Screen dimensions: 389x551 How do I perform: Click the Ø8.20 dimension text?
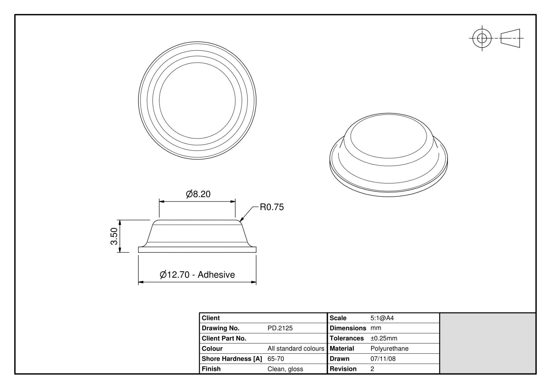(x=198, y=194)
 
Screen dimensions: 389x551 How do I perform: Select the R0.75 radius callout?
(x=271, y=207)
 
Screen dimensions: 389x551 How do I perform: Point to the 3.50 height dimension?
(x=114, y=236)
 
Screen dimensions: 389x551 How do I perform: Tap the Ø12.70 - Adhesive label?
(x=197, y=275)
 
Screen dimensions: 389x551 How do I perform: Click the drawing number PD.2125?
(x=280, y=328)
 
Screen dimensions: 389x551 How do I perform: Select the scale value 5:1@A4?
(x=382, y=318)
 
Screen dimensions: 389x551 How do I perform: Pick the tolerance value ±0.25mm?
(x=384, y=338)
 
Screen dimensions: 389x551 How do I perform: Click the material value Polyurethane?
(x=389, y=348)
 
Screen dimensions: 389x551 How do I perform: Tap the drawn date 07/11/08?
(x=383, y=359)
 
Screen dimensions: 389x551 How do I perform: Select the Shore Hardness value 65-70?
(x=275, y=359)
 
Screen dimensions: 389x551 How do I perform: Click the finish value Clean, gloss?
(x=285, y=369)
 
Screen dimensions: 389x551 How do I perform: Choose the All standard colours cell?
(x=296, y=348)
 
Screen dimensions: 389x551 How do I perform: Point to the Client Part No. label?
(x=224, y=338)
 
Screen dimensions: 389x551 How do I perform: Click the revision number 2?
(x=372, y=369)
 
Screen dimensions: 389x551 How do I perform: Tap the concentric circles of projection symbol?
(x=482, y=38)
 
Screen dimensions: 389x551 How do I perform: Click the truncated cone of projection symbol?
(x=510, y=38)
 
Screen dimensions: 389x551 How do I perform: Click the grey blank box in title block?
(x=488, y=343)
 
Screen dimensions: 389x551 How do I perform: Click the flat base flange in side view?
(x=197, y=250)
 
